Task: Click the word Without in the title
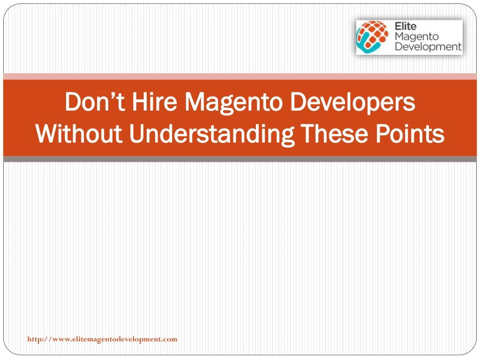[x=79, y=135]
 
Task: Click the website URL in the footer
[x=102, y=339]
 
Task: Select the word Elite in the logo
[x=405, y=27]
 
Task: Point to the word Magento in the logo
[x=417, y=37]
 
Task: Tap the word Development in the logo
[x=428, y=47]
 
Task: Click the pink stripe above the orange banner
[x=240, y=76]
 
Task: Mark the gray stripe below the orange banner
[x=240, y=159]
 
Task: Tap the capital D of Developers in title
[x=297, y=103]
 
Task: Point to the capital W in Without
[x=45, y=135]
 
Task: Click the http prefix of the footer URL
[x=34, y=339]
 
